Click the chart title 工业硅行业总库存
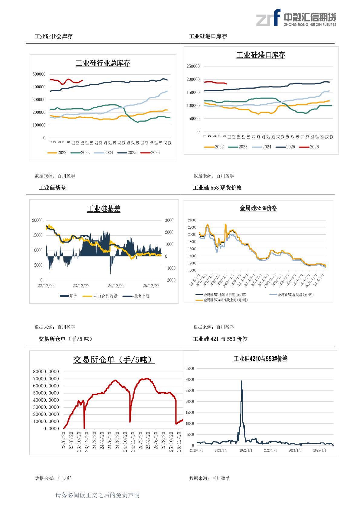tap(103, 64)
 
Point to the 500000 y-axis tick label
tap(39, 74)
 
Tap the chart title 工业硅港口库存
tap(260, 55)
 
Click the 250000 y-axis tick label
tap(193, 67)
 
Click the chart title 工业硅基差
tap(103, 209)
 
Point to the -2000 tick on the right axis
tap(170, 280)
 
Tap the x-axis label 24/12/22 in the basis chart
tap(116, 286)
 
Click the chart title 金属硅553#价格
tap(258, 208)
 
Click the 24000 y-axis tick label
tap(192, 220)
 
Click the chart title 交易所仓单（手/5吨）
tap(114, 360)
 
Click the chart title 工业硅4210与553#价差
tap(260, 359)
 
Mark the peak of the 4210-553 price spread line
tap(241, 381)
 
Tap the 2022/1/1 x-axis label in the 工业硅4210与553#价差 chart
tap(246, 450)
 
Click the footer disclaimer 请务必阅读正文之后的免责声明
tap(97, 495)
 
